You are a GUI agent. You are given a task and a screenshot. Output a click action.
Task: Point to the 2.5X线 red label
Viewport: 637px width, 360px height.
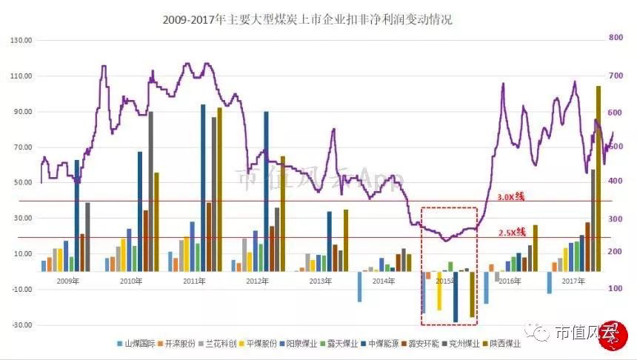511,233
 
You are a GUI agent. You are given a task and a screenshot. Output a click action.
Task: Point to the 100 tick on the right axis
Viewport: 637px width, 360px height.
614,289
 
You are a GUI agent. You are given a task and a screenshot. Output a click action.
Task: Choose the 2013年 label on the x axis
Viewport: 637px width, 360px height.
320,281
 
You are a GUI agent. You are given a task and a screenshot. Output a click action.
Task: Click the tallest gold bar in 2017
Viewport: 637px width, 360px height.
598,178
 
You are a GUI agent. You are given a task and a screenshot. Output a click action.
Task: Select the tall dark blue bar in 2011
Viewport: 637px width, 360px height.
203,185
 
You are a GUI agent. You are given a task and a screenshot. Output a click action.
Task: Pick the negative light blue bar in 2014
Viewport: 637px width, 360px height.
360,287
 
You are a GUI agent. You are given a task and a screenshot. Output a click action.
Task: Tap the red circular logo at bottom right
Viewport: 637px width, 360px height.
612,332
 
